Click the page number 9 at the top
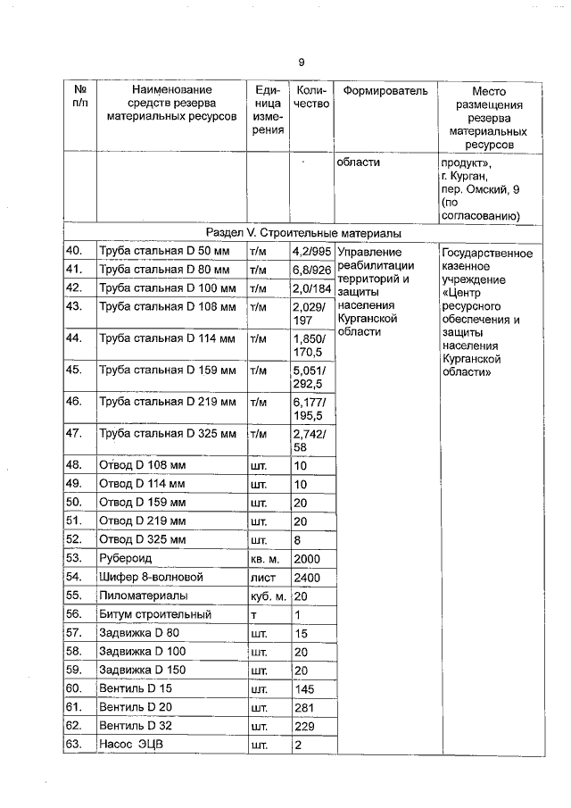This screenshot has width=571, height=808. point(301,62)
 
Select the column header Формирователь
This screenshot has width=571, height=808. point(385,91)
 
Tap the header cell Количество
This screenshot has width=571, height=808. point(311,97)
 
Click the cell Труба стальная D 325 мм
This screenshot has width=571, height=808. point(167,434)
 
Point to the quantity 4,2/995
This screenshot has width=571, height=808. point(311,252)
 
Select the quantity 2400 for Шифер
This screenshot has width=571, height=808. point(306,578)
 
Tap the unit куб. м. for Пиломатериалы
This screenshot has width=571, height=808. point(268,596)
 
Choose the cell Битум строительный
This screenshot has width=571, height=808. point(155,615)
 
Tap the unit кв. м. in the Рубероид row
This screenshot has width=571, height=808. point(267,558)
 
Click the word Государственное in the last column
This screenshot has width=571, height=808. point(487,254)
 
